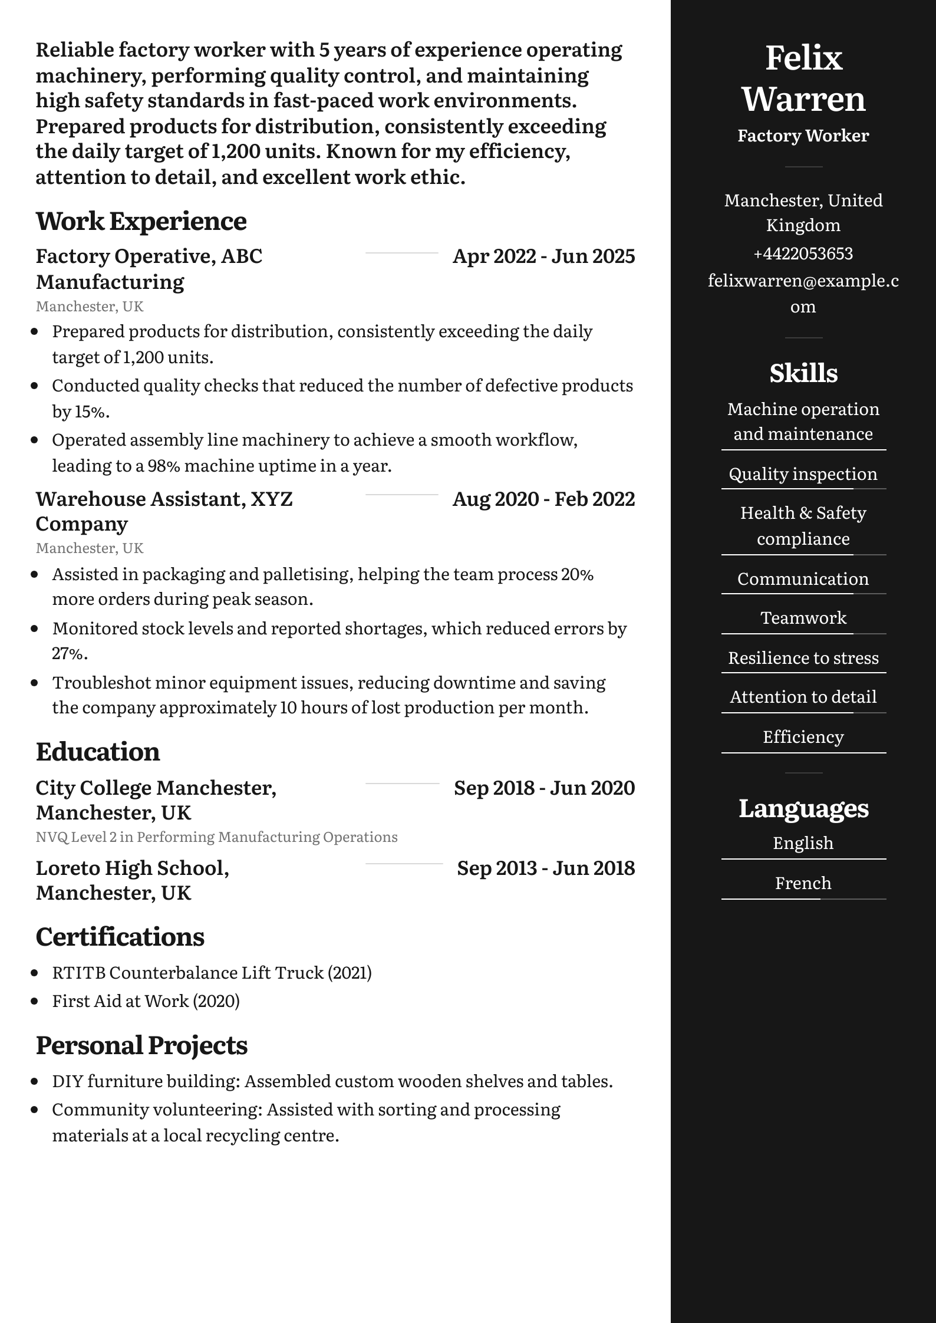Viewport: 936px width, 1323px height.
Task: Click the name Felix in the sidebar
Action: point(803,58)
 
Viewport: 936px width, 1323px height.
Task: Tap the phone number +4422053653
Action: point(803,254)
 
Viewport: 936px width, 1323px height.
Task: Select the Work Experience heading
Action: point(141,221)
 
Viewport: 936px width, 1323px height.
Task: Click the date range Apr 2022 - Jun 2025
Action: point(543,256)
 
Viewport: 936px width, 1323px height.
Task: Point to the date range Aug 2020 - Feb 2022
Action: point(543,499)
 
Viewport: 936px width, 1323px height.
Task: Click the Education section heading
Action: point(98,752)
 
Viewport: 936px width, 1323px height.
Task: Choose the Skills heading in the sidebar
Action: point(803,373)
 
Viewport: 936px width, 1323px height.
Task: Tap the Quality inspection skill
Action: point(803,474)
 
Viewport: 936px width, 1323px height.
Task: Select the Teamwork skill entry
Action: point(803,618)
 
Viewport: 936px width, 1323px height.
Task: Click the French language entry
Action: point(803,883)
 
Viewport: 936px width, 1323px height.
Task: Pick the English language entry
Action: point(803,843)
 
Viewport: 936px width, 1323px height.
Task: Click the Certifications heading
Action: point(120,937)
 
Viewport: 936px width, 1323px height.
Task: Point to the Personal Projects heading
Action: point(141,1045)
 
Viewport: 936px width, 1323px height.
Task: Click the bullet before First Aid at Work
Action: point(35,1001)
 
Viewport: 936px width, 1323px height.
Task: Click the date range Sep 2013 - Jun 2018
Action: point(546,868)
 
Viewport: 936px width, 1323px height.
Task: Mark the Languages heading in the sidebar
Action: point(803,808)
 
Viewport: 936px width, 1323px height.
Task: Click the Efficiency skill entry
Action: point(803,737)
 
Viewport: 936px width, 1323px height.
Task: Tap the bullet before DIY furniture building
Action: point(35,1082)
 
